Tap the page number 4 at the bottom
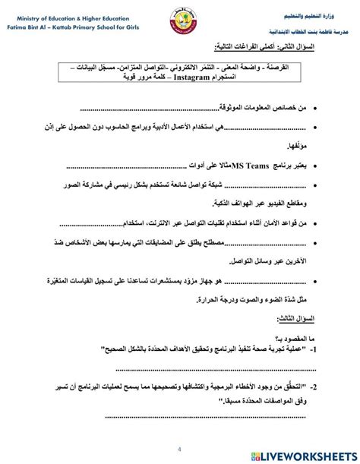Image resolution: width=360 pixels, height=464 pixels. [x=179, y=447]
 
